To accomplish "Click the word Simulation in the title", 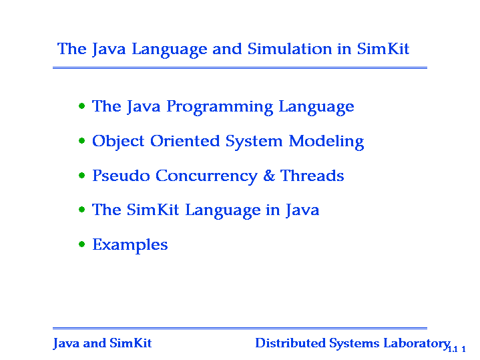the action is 290,49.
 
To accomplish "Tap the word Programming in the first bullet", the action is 220,108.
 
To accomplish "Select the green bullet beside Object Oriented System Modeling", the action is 81,141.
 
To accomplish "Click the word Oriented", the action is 185,141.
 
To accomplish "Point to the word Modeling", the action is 326,142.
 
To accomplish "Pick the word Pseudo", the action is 121,176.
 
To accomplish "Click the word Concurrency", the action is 206,177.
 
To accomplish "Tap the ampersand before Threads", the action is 269,176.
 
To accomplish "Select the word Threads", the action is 312,176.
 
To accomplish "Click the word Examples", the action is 130,245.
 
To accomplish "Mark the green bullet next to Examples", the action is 81,244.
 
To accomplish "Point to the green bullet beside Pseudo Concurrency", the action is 81,175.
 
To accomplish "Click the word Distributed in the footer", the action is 290,343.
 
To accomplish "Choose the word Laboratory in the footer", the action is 417,344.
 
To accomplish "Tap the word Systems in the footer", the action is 354,344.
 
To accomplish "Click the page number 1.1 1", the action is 457,349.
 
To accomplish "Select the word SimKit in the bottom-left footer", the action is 131,343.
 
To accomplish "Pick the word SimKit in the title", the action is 383,49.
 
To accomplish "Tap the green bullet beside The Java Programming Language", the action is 81,106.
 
